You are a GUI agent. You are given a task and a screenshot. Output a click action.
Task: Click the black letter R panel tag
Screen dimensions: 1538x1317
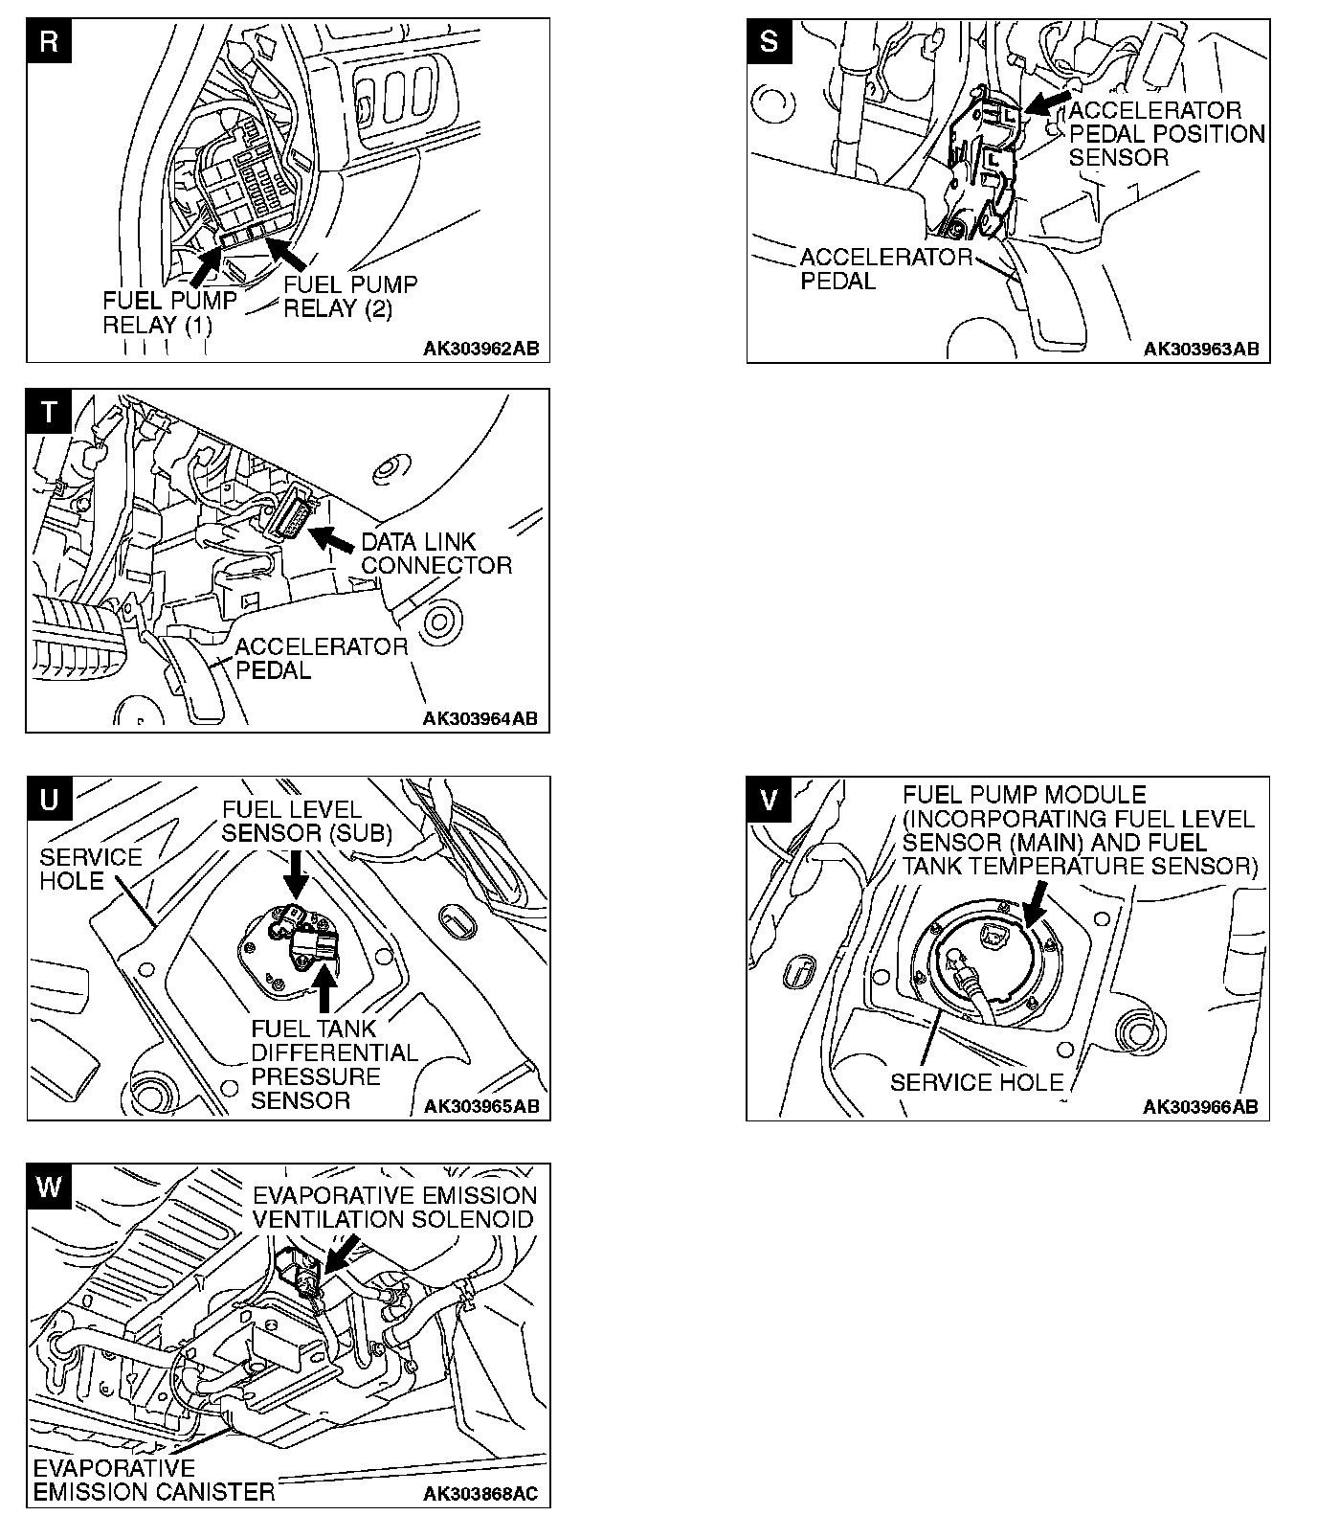(50, 42)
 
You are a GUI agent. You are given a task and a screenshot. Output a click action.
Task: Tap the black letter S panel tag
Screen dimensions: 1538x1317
(770, 42)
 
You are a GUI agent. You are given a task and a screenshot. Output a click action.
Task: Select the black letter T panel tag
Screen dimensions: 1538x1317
(49, 412)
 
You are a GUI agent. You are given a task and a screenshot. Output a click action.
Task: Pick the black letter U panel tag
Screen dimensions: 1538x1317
(50, 800)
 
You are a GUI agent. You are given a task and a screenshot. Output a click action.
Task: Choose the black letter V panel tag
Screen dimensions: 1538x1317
(770, 800)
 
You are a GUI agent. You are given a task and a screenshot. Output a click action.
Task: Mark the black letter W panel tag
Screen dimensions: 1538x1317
(50, 1187)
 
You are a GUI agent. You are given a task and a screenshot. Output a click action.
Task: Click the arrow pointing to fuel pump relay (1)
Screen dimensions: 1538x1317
(205, 264)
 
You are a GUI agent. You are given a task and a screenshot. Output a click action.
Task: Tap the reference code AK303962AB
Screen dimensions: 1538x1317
(481, 349)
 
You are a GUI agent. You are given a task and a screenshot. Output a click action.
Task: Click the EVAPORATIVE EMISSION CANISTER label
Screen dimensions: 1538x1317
(153, 1480)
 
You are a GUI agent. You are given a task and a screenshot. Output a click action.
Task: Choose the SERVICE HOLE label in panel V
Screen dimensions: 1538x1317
(976, 1082)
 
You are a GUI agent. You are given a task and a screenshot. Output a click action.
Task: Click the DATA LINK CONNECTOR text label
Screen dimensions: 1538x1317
(435, 554)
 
